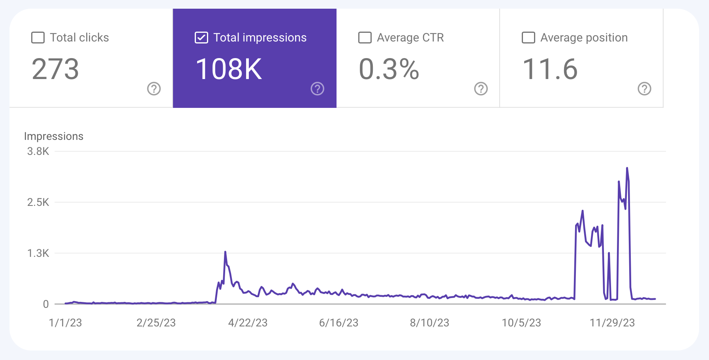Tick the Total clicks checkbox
tap(38, 38)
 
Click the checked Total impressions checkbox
tap(201, 38)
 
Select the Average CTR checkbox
tap(365, 38)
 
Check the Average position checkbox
tap(528, 38)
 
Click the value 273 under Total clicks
tap(55, 69)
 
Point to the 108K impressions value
tap(229, 69)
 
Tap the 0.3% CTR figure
tap(389, 69)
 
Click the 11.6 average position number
tap(550, 69)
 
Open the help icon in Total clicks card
tap(154, 89)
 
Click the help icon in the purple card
tap(318, 89)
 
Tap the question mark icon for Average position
tap(645, 89)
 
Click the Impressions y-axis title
tap(54, 136)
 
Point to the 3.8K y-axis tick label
tap(38, 151)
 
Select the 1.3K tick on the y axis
tap(38, 253)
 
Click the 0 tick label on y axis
tap(46, 304)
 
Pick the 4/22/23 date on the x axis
tap(248, 323)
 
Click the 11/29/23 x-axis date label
tap(612, 323)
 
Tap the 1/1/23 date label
tap(65, 323)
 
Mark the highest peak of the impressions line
tap(627, 168)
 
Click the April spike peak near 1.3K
tap(225, 252)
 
